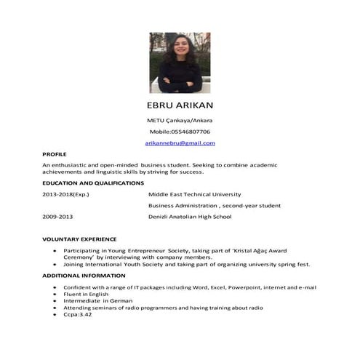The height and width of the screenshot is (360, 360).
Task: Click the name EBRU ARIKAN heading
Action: coord(180,105)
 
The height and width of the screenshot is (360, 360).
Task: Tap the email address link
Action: coord(180,143)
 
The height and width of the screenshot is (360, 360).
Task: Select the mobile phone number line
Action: coord(180,132)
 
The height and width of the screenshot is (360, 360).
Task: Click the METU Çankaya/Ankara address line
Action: coord(180,120)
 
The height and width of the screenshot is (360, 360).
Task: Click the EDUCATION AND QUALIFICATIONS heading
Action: coord(93,183)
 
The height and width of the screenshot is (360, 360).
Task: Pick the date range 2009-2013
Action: coord(58,217)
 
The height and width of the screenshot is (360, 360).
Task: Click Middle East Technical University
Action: coord(194,194)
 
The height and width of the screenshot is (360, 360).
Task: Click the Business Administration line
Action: coord(214,206)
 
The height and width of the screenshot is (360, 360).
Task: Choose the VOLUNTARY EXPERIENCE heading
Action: coord(79,239)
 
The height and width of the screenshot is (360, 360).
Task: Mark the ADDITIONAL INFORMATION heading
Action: coord(84,276)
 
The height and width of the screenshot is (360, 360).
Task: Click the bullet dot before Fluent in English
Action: coord(56,294)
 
